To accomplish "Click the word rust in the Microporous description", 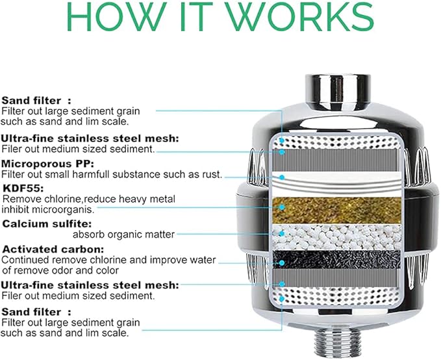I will coord(210,174).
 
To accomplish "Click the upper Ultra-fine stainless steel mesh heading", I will coord(90,138).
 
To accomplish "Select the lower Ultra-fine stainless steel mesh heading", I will coord(90,285).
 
